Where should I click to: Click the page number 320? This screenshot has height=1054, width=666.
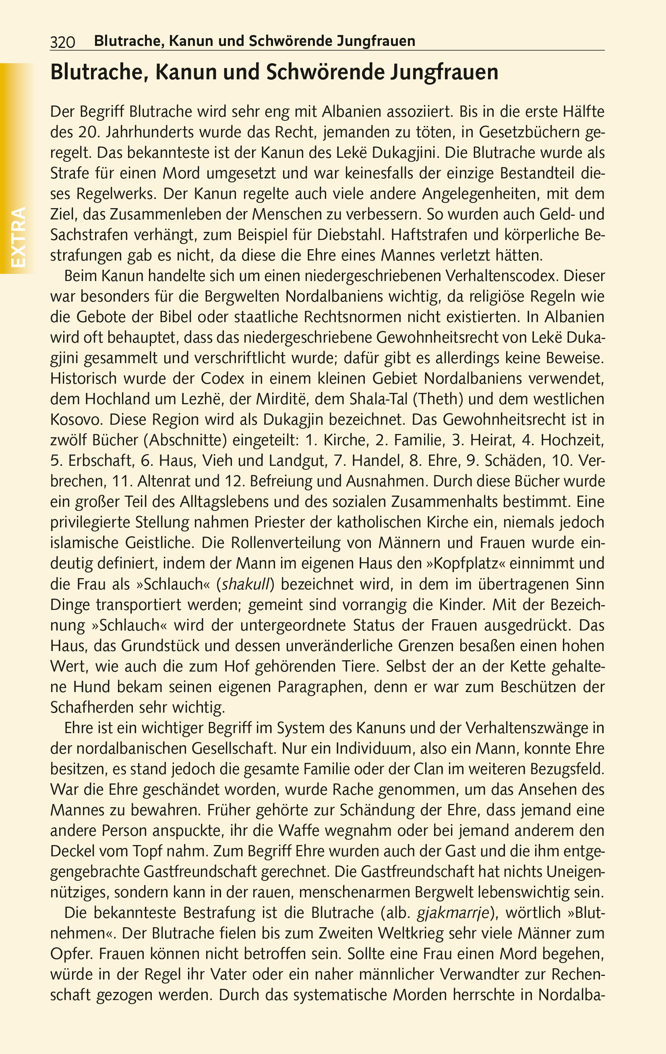pyautogui.click(x=63, y=42)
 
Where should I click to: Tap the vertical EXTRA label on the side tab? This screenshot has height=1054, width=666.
pyautogui.click(x=17, y=237)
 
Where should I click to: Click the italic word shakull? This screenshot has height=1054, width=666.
pyautogui.click(x=247, y=584)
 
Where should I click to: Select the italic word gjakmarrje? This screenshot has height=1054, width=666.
pyautogui.click(x=453, y=913)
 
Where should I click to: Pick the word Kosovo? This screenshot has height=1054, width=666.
pyautogui.click(x=76, y=420)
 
